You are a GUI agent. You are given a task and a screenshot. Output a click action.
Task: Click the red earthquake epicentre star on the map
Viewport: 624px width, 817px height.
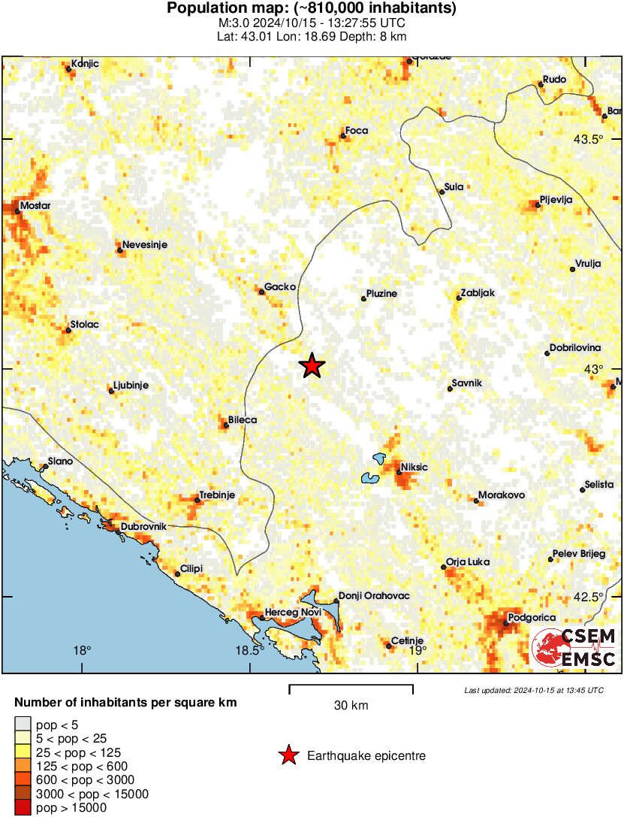click(x=312, y=366)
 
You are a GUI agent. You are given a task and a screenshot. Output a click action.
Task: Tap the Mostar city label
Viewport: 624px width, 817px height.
click(x=35, y=205)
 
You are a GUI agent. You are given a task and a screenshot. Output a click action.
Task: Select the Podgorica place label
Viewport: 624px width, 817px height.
click(x=532, y=618)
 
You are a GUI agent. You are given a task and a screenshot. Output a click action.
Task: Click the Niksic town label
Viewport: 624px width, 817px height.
click(x=414, y=468)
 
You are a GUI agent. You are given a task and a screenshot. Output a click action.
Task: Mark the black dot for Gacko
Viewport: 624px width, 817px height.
click(x=261, y=292)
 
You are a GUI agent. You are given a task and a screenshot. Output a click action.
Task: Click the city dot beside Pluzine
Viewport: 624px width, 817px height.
click(x=364, y=298)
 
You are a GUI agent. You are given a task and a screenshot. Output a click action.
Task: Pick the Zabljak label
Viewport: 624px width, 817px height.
click(x=478, y=293)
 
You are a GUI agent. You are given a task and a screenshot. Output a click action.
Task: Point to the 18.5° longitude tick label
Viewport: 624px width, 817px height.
click(x=252, y=651)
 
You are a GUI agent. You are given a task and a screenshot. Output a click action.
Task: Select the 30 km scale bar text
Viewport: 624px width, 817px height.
click(x=351, y=705)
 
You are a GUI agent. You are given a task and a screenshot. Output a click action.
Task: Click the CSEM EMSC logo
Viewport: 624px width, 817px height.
click(x=574, y=648)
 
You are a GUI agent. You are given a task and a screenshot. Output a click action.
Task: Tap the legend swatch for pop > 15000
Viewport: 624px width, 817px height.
click(x=22, y=807)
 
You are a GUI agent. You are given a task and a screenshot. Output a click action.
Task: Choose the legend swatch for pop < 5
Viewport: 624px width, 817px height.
click(x=22, y=725)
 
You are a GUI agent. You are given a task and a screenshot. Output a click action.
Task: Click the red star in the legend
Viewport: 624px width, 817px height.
click(x=288, y=756)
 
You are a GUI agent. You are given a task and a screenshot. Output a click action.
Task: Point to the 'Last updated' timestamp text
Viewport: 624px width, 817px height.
click(x=533, y=690)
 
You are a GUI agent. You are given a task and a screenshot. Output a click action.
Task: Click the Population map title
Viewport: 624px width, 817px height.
click(x=311, y=9)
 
